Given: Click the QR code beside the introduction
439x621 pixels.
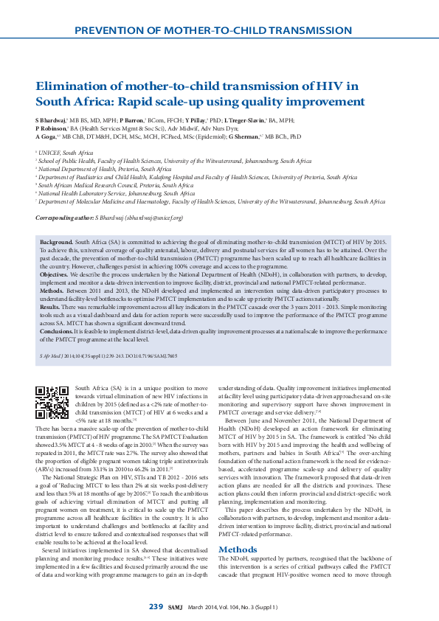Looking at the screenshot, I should (52, 401).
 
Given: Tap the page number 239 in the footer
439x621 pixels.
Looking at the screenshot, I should (156, 606).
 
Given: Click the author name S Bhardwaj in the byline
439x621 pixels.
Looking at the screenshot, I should (50, 119).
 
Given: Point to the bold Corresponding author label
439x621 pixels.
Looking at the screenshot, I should (63, 218).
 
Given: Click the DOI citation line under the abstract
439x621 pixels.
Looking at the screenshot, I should (108, 355).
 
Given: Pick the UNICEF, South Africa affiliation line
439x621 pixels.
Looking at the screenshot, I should (66, 152).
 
